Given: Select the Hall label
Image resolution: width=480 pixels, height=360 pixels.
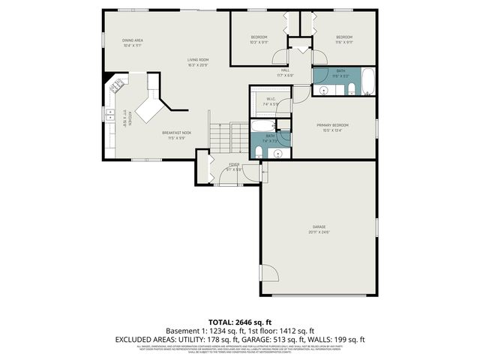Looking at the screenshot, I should [x=285, y=72].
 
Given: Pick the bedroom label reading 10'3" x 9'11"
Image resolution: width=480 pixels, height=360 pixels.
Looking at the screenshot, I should [x=259, y=40].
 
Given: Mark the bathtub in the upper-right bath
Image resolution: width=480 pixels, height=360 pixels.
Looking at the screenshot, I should [x=368, y=82].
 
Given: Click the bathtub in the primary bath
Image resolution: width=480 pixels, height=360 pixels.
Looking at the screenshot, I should [x=263, y=125].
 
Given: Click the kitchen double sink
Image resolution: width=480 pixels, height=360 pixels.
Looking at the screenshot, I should [x=106, y=114].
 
